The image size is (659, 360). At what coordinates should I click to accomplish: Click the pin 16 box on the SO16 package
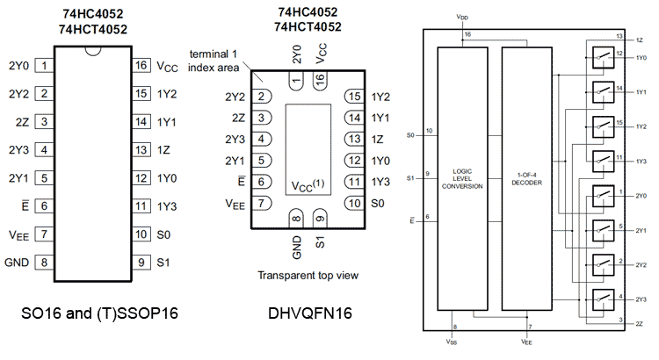(140, 65)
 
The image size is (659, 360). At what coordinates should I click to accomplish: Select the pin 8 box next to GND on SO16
(43, 262)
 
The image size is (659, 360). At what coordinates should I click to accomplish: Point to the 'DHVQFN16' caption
(301, 313)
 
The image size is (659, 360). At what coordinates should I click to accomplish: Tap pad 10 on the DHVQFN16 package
(352, 204)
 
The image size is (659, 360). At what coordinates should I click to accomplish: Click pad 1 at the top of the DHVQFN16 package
(297, 80)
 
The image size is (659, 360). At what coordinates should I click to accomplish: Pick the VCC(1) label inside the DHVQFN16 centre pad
(308, 186)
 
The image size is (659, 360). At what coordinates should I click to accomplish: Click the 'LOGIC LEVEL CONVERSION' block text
(468, 178)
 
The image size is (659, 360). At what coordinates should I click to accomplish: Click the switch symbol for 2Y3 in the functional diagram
(603, 296)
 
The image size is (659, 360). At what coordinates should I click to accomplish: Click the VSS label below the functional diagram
(451, 342)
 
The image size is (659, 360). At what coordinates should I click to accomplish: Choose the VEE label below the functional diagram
(526, 342)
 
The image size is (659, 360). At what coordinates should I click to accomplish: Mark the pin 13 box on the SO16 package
(140, 149)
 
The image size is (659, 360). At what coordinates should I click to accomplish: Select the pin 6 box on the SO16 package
(43, 205)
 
